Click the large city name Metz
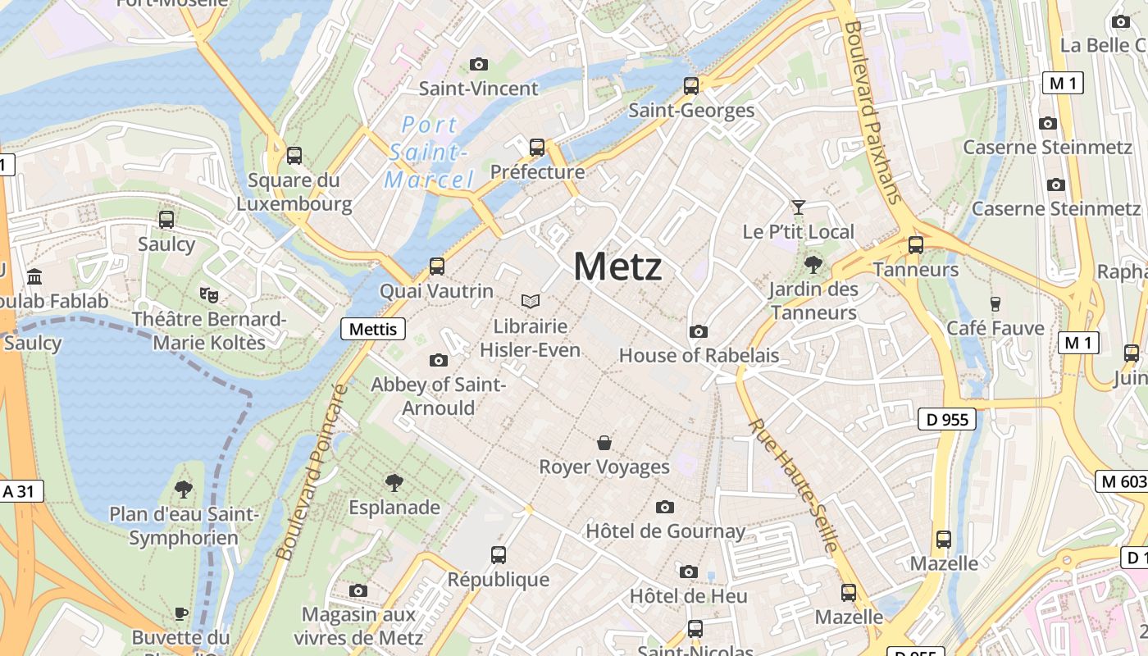pyautogui.click(x=617, y=266)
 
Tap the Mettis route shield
pyautogui.click(x=373, y=329)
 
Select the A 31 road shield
pyautogui.click(x=19, y=491)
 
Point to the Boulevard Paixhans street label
pyautogui.click(x=872, y=112)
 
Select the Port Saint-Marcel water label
pyautogui.click(x=429, y=153)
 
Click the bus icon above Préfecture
pyautogui.click(x=537, y=148)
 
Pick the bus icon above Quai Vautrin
pyautogui.click(x=437, y=266)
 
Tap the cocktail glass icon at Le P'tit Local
pyautogui.click(x=798, y=207)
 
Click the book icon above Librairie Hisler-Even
pyautogui.click(x=531, y=302)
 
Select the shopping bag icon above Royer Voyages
pyautogui.click(x=604, y=443)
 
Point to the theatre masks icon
pyautogui.click(x=209, y=294)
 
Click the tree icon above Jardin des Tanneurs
pyautogui.click(x=813, y=264)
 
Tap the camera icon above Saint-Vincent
pyautogui.click(x=479, y=64)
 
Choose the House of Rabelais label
pyautogui.click(x=699, y=355)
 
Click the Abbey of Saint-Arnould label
pyautogui.click(x=438, y=396)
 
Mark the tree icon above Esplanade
pyautogui.click(x=394, y=483)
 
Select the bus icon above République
pyautogui.click(x=499, y=555)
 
